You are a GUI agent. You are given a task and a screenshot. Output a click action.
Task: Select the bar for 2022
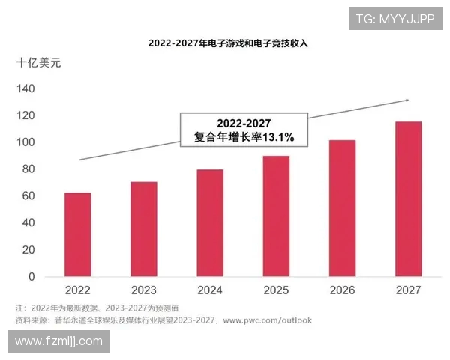[78, 235]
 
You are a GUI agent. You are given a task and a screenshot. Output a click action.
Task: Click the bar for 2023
[144, 229]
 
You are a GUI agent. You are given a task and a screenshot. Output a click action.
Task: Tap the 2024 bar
[210, 223]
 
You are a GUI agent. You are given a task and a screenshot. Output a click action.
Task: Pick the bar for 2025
[276, 217]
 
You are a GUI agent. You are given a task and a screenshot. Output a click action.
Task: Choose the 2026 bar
[342, 208]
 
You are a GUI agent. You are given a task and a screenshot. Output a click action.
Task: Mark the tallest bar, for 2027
[408, 199]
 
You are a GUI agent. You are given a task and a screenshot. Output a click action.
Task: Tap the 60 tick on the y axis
[28, 196]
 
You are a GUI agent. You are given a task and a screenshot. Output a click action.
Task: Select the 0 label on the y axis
[31, 277]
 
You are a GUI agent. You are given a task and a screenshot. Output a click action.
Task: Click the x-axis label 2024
[210, 290]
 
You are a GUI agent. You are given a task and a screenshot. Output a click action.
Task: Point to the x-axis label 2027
[408, 290]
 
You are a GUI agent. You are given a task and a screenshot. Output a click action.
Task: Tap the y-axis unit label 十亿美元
[39, 63]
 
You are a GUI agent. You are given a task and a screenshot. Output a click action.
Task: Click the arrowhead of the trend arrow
[406, 100]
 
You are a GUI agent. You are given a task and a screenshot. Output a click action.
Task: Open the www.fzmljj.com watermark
[58, 341]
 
